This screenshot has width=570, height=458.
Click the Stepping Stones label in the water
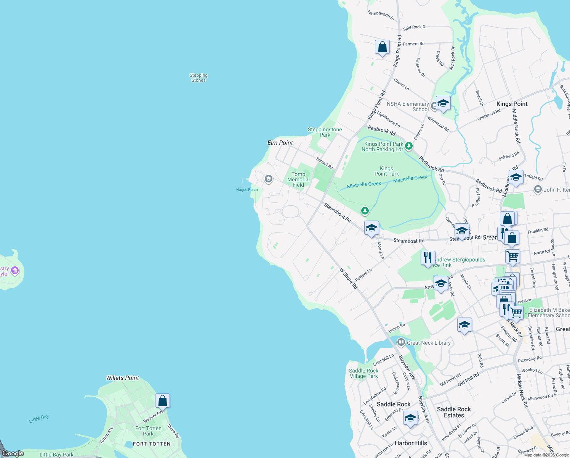(x=199, y=78)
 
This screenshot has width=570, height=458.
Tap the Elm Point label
(x=280, y=143)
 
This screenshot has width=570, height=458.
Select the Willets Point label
(x=122, y=378)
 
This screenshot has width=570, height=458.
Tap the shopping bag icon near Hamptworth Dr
(x=382, y=47)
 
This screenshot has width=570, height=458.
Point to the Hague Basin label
(x=247, y=190)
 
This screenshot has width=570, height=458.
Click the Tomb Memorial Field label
(x=298, y=179)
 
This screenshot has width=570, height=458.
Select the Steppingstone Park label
(x=325, y=132)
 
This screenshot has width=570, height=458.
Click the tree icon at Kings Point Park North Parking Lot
(x=409, y=146)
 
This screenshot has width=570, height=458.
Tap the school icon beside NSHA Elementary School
(x=443, y=103)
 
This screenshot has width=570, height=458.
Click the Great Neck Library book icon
(x=401, y=342)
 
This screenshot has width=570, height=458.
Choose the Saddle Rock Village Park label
(x=363, y=373)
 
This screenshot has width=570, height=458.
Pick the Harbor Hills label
(x=411, y=443)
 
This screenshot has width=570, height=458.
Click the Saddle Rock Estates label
(x=454, y=412)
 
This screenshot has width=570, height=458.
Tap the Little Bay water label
(x=39, y=419)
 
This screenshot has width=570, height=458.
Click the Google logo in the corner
(x=13, y=453)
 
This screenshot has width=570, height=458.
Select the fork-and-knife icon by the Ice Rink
(x=428, y=258)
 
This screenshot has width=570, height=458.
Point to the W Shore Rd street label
(x=349, y=278)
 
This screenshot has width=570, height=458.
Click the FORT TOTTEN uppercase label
(x=152, y=444)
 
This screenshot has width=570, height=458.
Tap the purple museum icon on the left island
(x=15, y=271)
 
